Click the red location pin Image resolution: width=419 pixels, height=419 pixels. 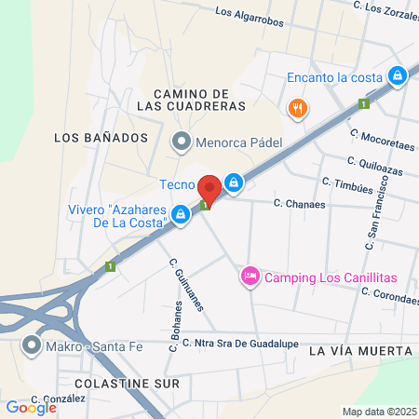tap(210, 191)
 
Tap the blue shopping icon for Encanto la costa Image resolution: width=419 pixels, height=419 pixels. tap(398, 75)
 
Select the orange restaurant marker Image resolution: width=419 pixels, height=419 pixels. tap(297, 107)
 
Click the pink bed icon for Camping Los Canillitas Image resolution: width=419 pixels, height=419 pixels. tap(250, 277)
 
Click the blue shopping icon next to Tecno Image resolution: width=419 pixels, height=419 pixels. tap(237, 183)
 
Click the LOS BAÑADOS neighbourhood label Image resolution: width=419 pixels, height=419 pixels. tap(101, 137)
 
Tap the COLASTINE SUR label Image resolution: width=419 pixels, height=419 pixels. tap(105, 382)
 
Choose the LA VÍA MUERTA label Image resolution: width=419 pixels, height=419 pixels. tap(358, 351)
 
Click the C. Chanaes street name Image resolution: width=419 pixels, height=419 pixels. tap(300, 203)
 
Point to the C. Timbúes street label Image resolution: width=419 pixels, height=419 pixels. tap(347, 182)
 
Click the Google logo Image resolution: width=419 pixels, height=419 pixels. tap(31, 407)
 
